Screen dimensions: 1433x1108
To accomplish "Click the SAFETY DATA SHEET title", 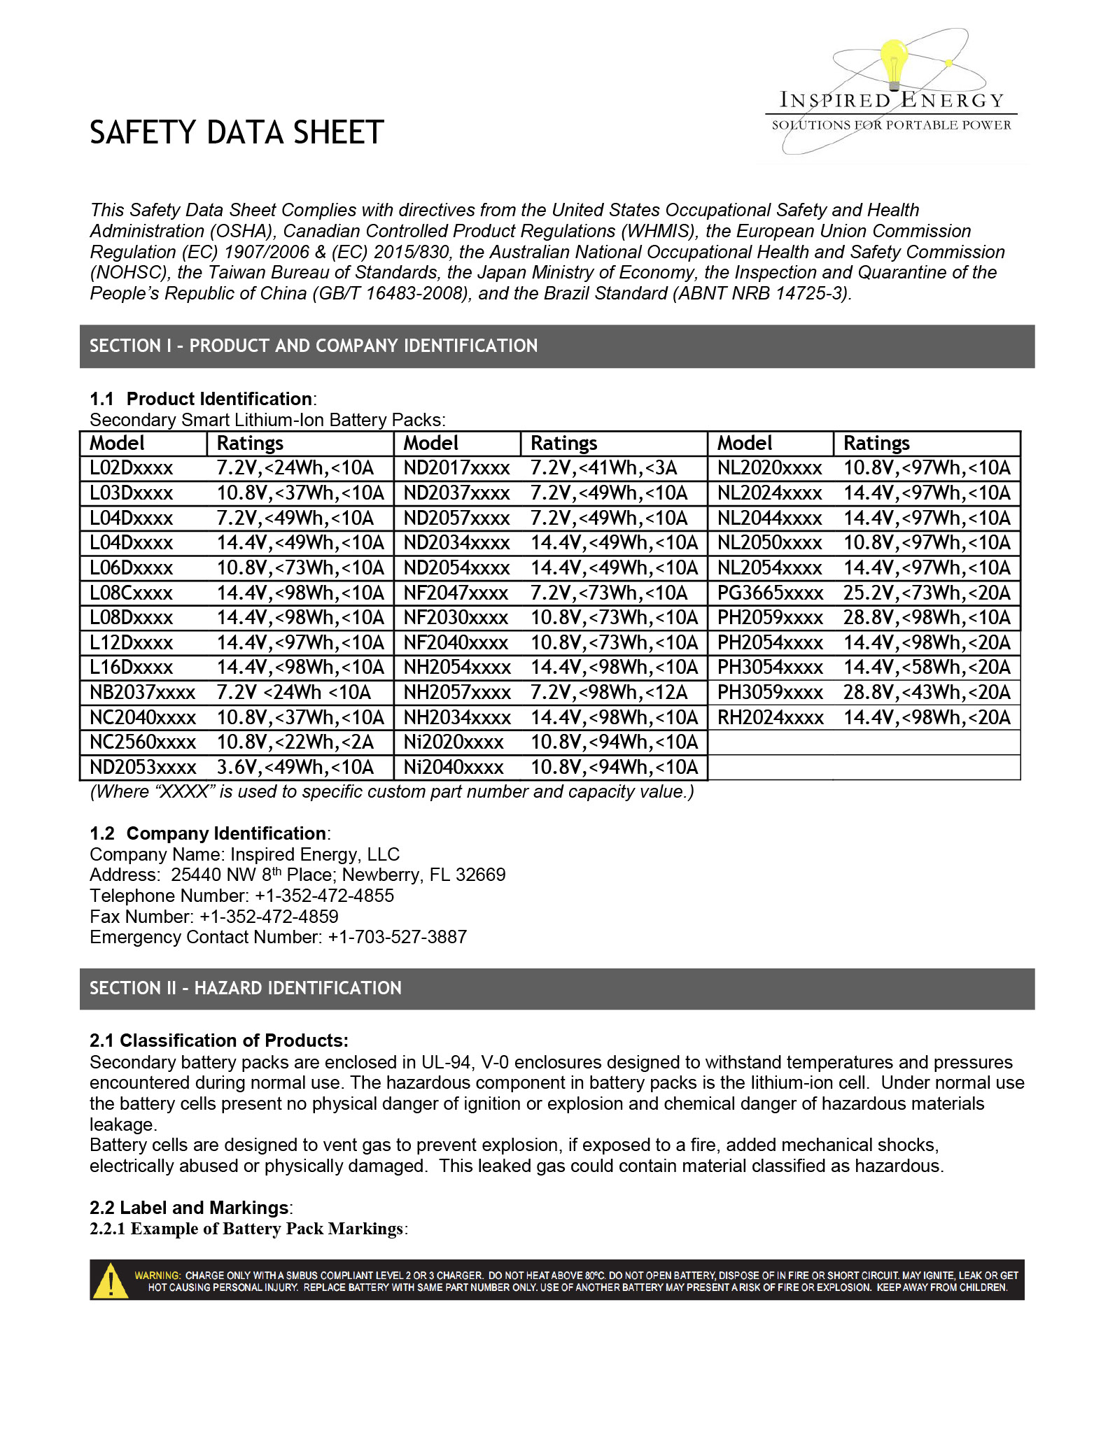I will click(x=237, y=133).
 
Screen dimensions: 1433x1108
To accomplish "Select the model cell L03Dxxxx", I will click(x=131, y=493).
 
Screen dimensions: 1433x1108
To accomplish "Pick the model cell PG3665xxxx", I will click(x=770, y=593).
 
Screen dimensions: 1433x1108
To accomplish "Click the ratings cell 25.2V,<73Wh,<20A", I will click(x=927, y=593).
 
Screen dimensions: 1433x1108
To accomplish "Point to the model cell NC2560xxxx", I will click(x=143, y=742).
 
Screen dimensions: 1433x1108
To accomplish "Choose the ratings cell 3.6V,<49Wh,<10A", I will click(x=295, y=768).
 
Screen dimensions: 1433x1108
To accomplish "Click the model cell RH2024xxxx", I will click(x=770, y=718).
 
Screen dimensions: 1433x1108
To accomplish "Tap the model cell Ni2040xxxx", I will click(x=454, y=768).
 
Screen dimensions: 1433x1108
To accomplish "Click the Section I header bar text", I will click(x=314, y=346).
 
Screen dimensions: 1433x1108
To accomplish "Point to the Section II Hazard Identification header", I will click(x=246, y=989).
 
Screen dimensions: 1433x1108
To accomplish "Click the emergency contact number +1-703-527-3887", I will click(x=397, y=938).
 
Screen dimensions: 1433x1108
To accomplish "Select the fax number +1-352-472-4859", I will click(x=269, y=917).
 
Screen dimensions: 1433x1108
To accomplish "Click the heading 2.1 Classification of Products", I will click(x=219, y=1040).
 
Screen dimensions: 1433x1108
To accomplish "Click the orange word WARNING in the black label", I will click(x=157, y=1276).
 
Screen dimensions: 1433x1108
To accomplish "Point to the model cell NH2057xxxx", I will click(x=457, y=693).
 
